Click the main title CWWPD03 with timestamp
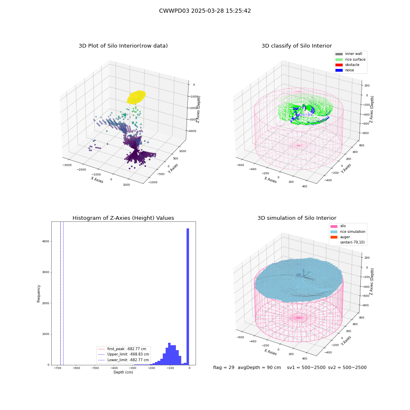pos(205,11)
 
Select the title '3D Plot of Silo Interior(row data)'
pos(123,46)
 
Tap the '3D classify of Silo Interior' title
pos(297,46)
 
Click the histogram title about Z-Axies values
pos(123,218)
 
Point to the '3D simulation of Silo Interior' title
pos(297,218)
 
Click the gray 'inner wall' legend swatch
pos(339,54)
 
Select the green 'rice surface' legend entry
pos(351,59)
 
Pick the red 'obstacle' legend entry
pos(347,65)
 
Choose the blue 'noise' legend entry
pos(345,70)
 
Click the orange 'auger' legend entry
pos(340,237)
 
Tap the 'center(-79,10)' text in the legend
pos(352,242)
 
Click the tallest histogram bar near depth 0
pos(188,296)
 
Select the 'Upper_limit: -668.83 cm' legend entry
pos(123,354)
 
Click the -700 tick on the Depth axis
pos(57,368)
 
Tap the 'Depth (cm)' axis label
pos(123,372)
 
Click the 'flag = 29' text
pos(223,367)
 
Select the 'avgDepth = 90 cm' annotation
pos(259,367)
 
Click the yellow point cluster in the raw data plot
pos(136,97)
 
